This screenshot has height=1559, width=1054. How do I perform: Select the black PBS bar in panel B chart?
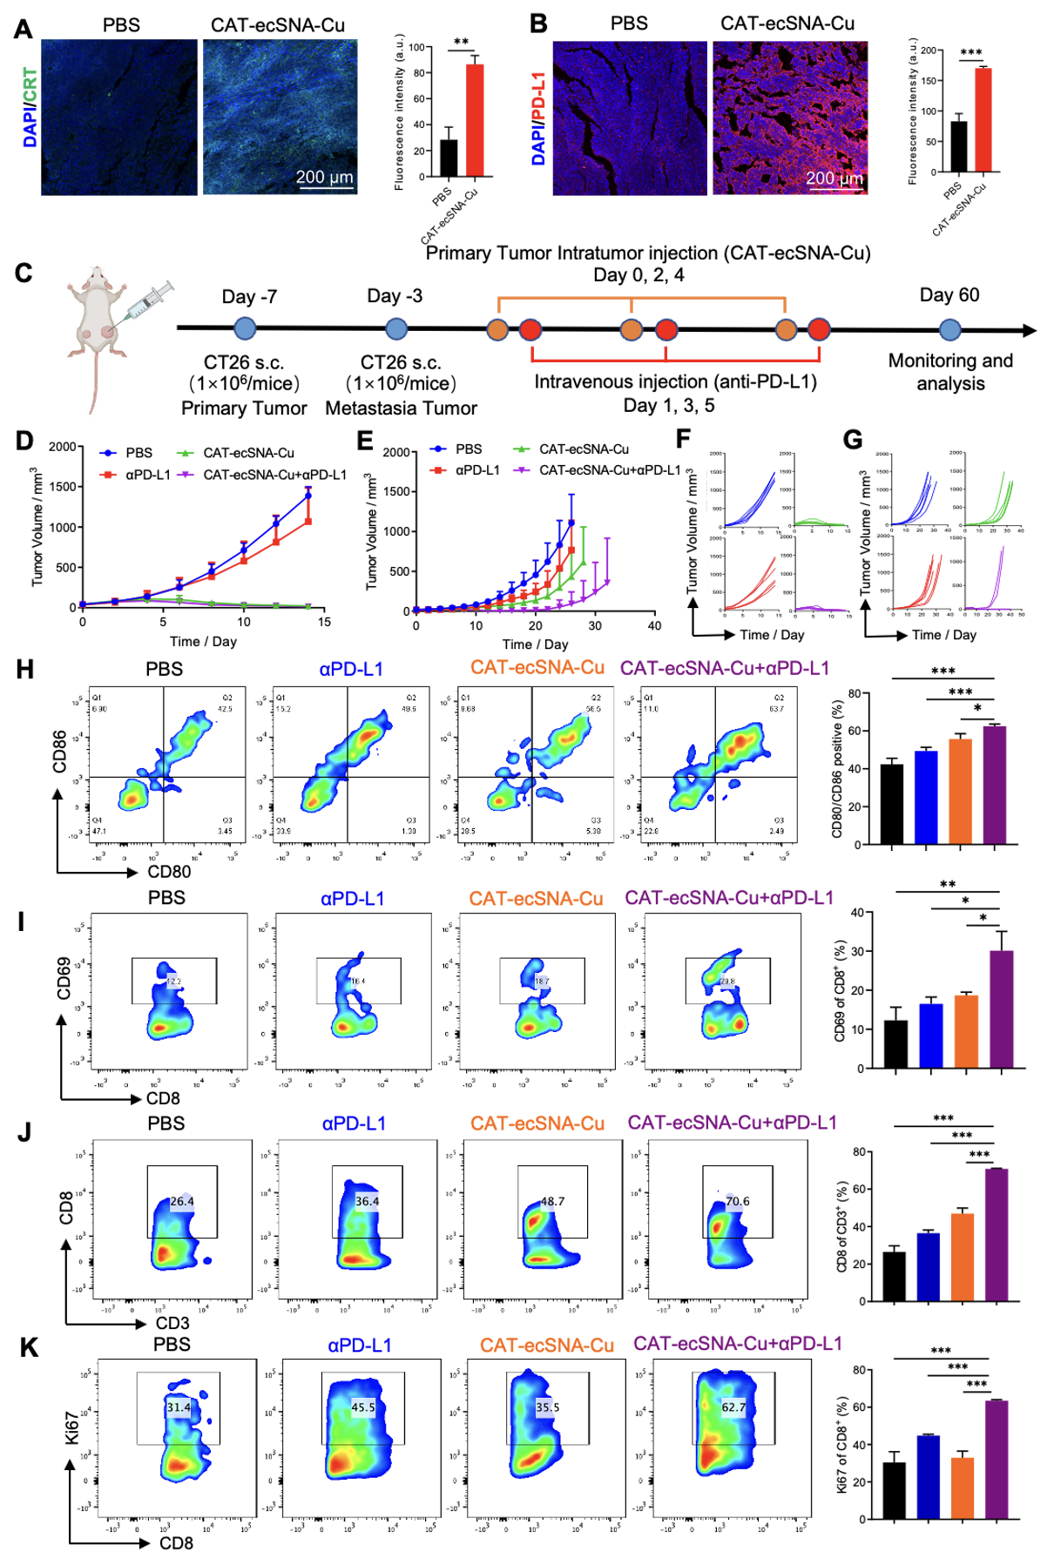(x=958, y=146)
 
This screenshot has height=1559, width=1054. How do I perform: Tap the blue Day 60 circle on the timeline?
(x=949, y=330)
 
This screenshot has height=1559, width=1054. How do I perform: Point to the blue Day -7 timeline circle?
(x=246, y=328)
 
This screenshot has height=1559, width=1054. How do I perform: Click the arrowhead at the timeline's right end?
(x=1030, y=331)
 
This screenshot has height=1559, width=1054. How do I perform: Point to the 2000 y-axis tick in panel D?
(x=62, y=447)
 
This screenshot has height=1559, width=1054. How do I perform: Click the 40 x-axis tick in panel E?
(x=654, y=625)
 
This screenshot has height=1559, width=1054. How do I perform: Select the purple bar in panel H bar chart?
(x=994, y=785)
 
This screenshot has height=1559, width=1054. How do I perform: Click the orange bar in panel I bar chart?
(x=966, y=1031)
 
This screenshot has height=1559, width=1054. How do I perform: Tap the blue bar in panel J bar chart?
(x=928, y=1267)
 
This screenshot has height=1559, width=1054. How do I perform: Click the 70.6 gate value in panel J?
(x=738, y=1201)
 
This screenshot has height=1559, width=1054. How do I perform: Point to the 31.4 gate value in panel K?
(x=179, y=1407)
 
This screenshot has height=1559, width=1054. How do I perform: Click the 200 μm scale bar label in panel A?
(x=324, y=178)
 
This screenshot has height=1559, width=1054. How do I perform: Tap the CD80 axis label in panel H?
(x=169, y=872)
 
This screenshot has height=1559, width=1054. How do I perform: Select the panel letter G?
(x=853, y=440)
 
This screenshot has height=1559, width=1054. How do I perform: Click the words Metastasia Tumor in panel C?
(x=401, y=408)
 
